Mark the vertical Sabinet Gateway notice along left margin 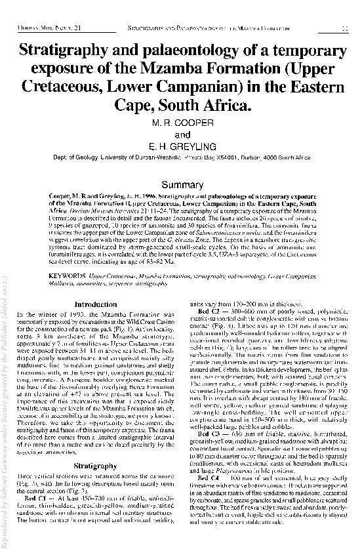[7, 426]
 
